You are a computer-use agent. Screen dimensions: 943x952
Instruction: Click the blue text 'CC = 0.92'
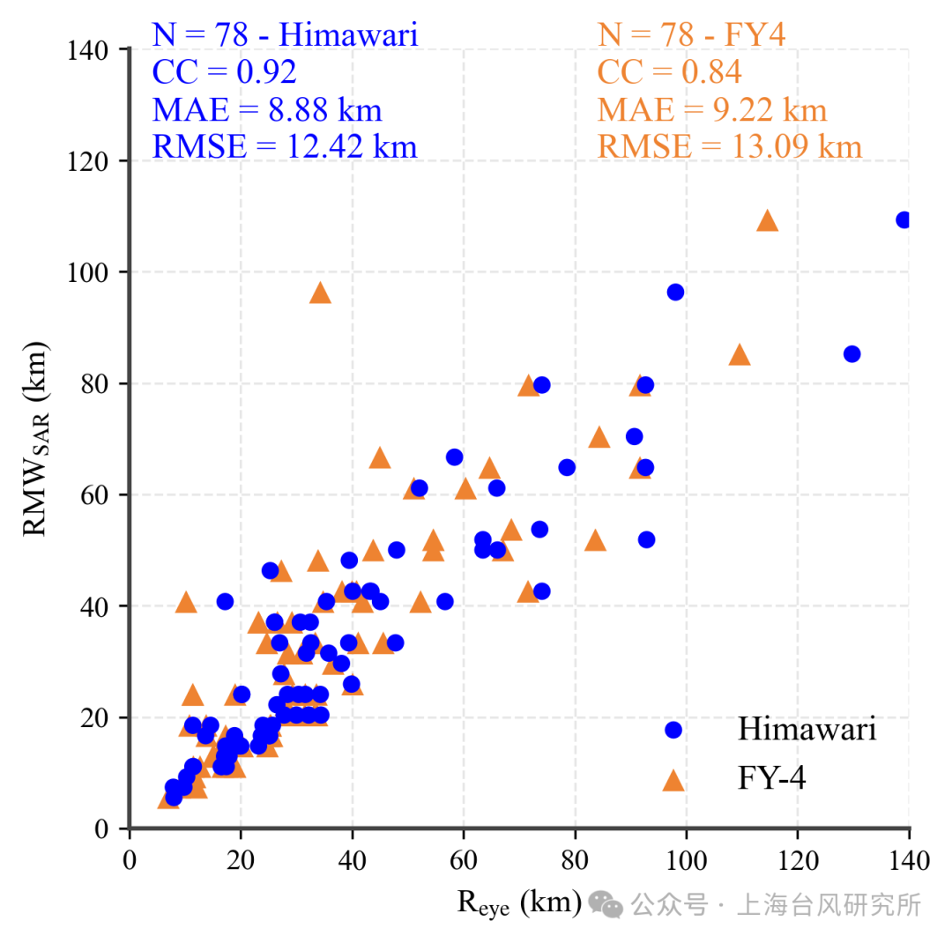pos(224,72)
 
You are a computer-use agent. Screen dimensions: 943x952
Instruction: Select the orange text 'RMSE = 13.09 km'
pos(729,146)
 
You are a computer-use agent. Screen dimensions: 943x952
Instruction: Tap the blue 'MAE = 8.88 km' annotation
pos(267,109)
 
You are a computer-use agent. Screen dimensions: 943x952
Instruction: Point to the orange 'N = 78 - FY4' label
pos(691,35)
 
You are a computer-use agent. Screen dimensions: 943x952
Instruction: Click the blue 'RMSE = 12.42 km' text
pos(285,146)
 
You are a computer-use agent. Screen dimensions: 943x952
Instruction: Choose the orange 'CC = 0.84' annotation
pos(669,72)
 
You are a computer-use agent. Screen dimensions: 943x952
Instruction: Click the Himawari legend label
pos(807,730)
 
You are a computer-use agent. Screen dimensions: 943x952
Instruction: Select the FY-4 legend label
pos(771,779)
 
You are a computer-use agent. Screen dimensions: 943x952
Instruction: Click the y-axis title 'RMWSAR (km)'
pos(37,439)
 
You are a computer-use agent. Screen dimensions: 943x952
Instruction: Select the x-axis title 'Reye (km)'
pos(519,902)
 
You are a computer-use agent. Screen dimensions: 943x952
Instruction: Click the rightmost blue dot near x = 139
pos(904,219)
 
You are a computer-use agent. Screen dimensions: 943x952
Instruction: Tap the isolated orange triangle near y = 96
pos(320,293)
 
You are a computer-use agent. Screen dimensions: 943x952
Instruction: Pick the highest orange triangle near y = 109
pos(767,221)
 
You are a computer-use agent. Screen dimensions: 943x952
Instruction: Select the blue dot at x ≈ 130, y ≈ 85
pos(852,353)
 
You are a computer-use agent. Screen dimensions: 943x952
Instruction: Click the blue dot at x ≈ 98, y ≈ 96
pos(675,292)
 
